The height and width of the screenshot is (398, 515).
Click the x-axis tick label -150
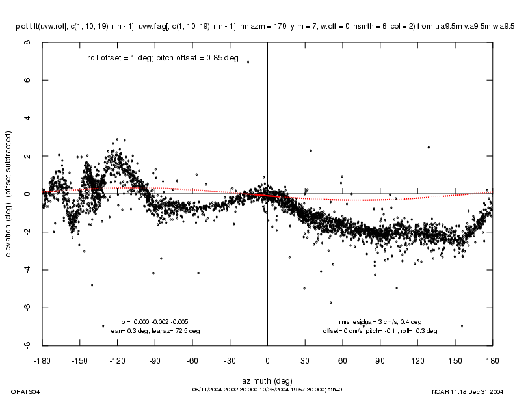[x=79, y=358]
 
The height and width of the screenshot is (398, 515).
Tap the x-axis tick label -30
[x=230, y=358]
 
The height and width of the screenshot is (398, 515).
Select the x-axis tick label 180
[x=493, y=358]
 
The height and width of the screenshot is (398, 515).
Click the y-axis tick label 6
[x=27, y=81]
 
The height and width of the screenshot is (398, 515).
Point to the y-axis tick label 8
[x=27, y=43]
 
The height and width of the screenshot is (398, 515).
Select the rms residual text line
[x=380, y=321]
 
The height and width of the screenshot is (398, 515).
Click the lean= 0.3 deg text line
[x=155, y=330]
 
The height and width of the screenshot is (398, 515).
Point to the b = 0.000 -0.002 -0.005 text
[x=155, y=321]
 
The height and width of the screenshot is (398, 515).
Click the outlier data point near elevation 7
[x=248, y=62]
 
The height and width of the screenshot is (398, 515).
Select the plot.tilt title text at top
[x=267, y=27]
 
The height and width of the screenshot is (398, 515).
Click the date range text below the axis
[x=267, y=390]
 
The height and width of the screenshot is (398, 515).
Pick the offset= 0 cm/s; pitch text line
[x=380, y=330]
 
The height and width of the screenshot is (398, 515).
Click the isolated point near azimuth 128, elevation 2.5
[x=429, y=147]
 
